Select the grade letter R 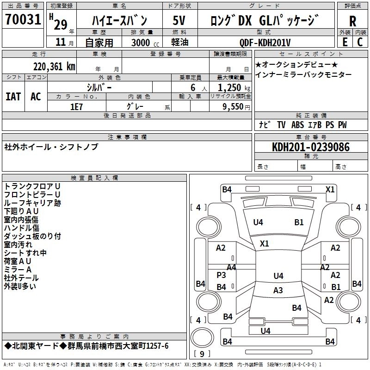352,21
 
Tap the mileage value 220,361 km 54,66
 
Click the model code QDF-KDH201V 265,43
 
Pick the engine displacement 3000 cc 140,43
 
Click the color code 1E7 76,106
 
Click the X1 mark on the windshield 265,243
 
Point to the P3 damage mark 222,275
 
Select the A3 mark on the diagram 278,290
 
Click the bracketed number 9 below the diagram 202,354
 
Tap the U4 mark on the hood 258,222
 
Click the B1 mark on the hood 299,222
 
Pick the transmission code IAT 13,96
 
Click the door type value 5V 179,20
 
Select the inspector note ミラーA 18,270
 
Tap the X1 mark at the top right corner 330,189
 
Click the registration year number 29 60,24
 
